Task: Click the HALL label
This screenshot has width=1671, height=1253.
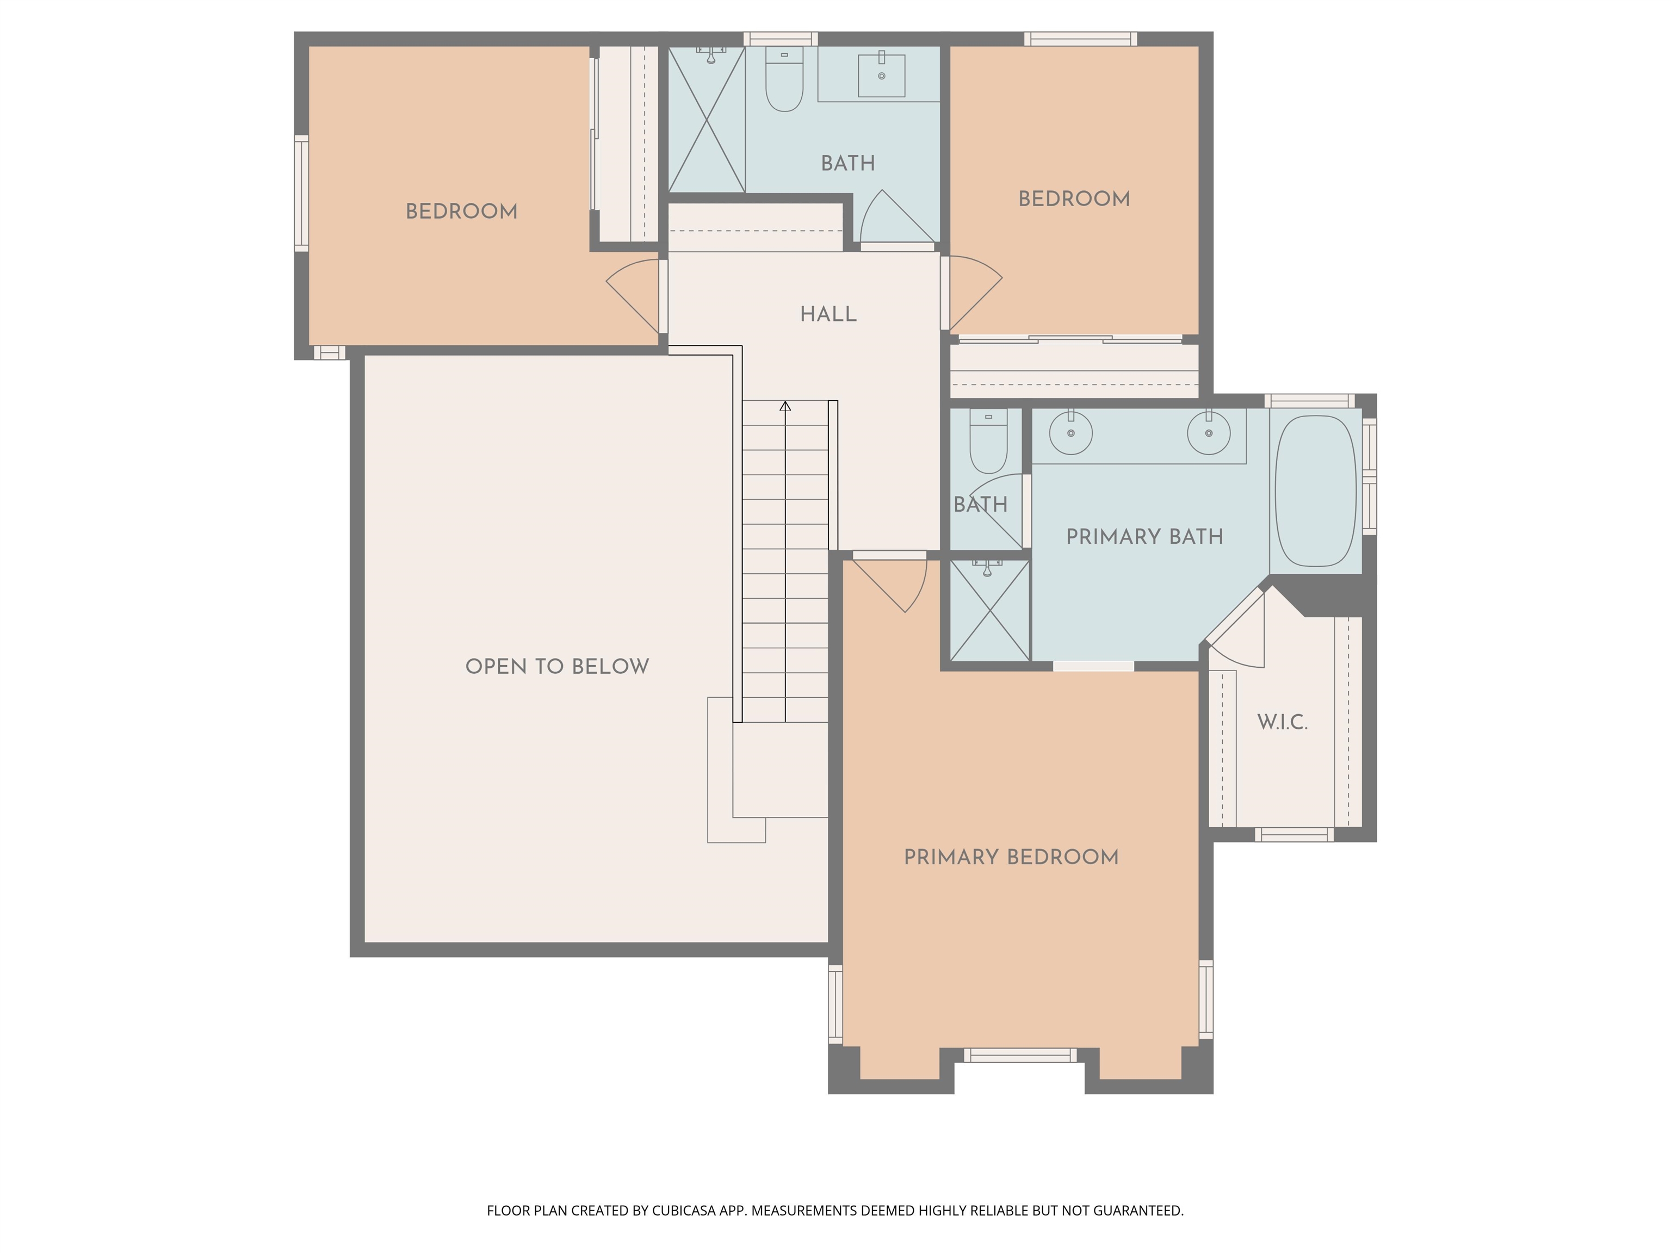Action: coord(828,314)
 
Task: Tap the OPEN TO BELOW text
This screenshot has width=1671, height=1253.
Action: coord(557,666)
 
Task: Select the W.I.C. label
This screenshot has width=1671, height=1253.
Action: coord(1282,722)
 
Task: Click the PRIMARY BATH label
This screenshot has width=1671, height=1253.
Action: coord(1144,537)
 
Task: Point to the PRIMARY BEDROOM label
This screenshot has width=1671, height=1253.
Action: coord(1011,857)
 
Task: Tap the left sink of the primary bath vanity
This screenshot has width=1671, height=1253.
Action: coord(1070,433)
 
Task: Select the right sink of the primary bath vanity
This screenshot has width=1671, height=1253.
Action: coord(1209,433)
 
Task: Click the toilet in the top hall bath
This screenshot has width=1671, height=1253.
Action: coord(784,82)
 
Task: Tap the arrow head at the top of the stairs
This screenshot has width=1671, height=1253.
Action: coord(785,406)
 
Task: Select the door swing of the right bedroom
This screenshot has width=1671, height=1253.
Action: coord(975,291)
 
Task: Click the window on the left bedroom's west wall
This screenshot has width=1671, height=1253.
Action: coord(301,194)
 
